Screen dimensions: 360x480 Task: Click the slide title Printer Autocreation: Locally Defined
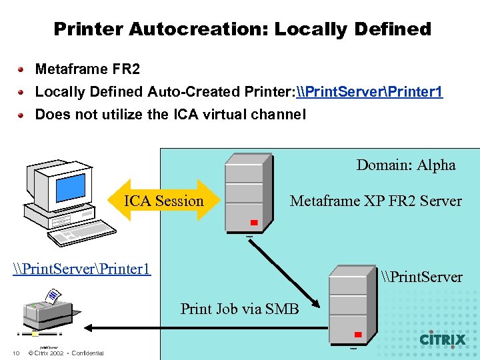click(242, 29)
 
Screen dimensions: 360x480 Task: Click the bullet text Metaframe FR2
click(87, 69)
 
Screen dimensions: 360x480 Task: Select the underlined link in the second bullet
click(369, 92)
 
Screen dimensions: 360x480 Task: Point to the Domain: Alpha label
click(406, 165)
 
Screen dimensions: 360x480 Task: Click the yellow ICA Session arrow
click(164, 201)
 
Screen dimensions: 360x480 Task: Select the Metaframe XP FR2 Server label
click(375, 201)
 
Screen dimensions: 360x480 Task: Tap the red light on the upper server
click(254, 223)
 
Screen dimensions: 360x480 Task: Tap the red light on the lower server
click(358, 334)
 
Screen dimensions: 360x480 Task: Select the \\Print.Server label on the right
click(422, 277)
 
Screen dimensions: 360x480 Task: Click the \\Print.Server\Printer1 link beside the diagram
click(82, 269)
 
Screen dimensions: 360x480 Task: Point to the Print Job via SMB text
click(239, 309)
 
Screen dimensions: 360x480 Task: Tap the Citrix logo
click(442, 339)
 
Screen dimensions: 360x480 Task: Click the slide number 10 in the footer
click(15, 353)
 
